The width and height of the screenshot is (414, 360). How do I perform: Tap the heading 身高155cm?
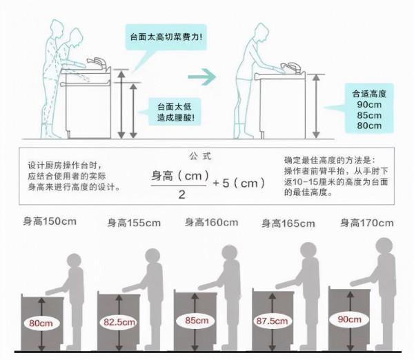coord(134,223)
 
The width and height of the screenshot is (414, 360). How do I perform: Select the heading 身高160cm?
coord(211,222)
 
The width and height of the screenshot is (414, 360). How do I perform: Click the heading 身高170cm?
coord(366,222)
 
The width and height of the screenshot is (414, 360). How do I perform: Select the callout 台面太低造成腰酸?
coord(175,112)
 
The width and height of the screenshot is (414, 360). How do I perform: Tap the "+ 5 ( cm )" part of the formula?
coord(238,183)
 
